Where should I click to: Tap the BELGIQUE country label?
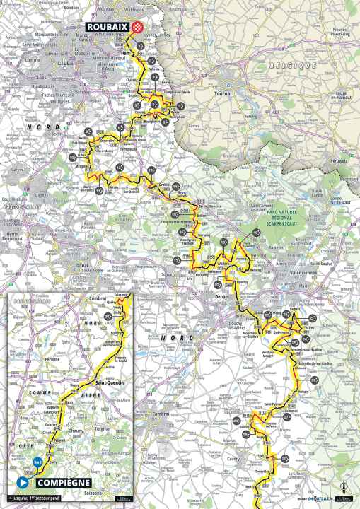tap(282, 65)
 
